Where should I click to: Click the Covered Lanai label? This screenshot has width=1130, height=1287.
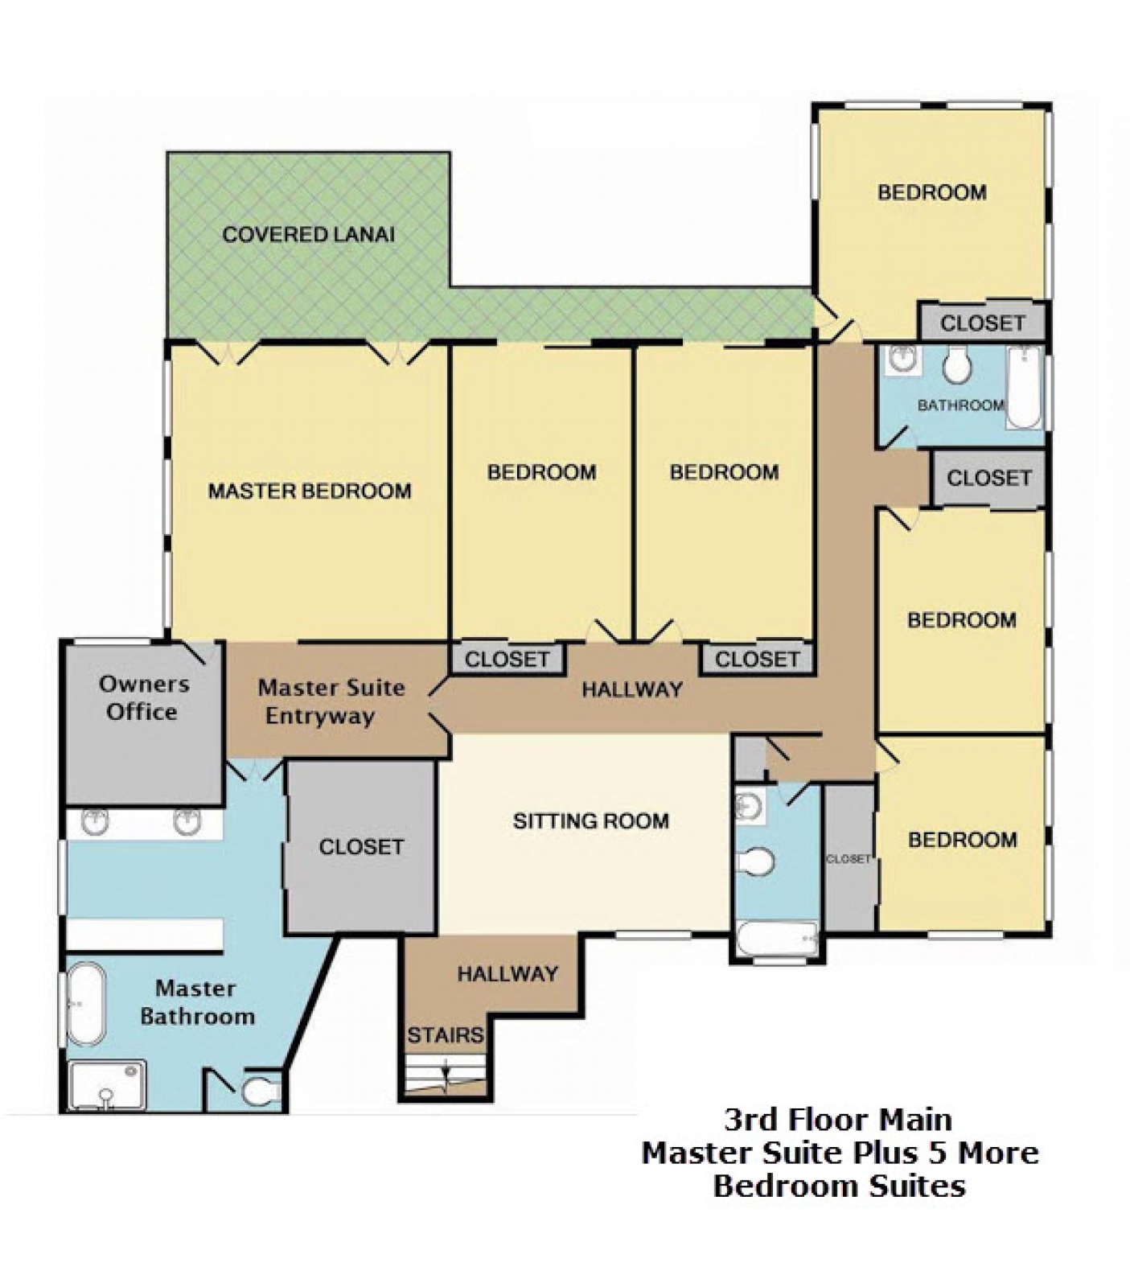309,235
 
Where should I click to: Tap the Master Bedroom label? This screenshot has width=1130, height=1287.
310,491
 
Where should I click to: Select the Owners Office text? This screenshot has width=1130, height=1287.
143,697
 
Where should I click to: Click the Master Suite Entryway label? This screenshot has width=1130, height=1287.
330,701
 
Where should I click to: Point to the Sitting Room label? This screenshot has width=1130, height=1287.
591,820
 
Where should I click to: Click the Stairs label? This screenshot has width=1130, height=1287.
445,1034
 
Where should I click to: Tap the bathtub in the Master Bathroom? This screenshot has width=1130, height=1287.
86,1005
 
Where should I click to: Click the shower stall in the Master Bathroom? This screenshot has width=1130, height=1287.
106,1085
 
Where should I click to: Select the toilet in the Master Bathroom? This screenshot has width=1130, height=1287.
260,1092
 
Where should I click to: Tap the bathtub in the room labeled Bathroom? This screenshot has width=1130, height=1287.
1023,386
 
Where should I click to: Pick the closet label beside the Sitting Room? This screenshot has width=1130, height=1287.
361,847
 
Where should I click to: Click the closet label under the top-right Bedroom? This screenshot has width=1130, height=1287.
983,323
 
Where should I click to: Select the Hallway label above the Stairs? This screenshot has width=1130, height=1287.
507,974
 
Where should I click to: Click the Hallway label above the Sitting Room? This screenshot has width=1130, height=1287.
632,689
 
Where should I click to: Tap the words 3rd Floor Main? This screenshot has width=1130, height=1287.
838,1120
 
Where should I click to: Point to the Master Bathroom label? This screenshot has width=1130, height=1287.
197,1002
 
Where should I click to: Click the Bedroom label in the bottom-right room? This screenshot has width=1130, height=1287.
962,840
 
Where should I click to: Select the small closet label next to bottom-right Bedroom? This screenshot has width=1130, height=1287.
849,859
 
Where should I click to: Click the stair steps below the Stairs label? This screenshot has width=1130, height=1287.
445,1075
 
